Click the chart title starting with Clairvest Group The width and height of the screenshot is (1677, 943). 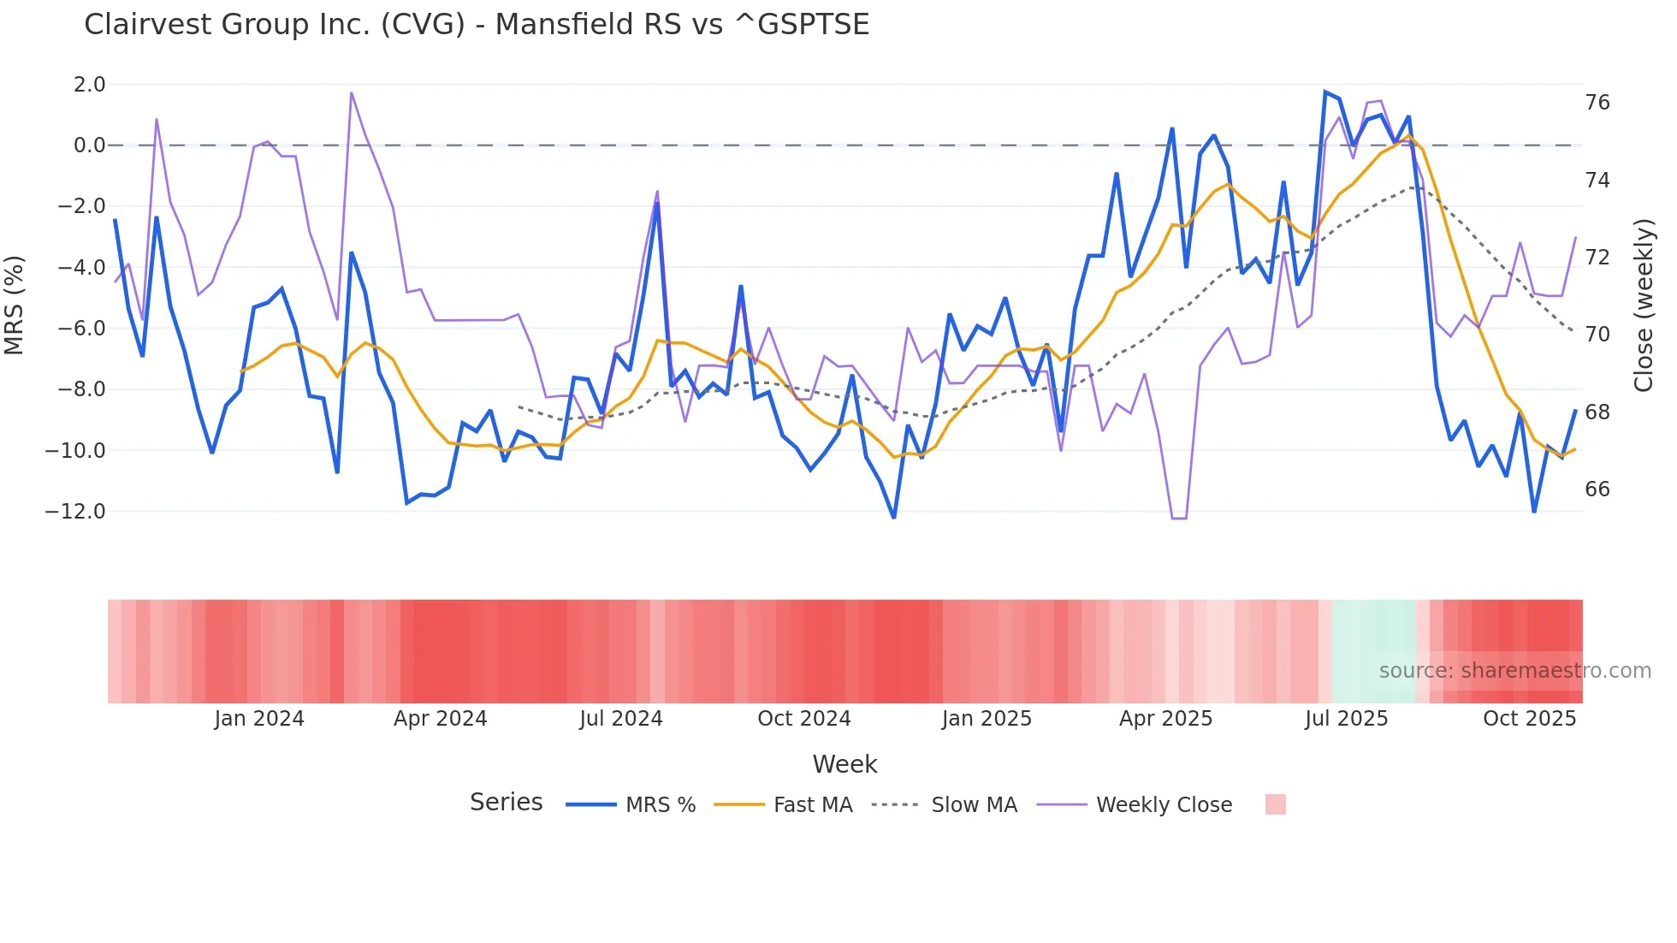click(477, 25)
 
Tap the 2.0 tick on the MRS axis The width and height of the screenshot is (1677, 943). click(89, 85)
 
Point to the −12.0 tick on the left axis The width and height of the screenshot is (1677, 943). click(75, 512)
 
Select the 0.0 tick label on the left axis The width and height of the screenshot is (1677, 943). click(89, 145)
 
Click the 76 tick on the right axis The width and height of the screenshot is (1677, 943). click(1597, 103)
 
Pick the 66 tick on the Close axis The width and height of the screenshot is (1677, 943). click(1597, 489)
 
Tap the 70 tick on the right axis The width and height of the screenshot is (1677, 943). click(1597, 335)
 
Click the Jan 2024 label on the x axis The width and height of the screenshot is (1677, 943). click(258, 719)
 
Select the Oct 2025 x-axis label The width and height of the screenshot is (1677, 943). click(1529, 719)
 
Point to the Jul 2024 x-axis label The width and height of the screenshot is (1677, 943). click(621, 719)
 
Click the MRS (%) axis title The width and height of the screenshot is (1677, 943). click(15, 305)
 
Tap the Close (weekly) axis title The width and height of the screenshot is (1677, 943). click(1644, 305)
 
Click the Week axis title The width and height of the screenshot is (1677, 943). click(844, 764)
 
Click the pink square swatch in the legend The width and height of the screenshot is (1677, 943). click(1275, 804)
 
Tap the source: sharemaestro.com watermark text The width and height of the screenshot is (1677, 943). click(1514, 671)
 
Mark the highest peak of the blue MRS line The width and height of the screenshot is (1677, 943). click(1325, 92)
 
